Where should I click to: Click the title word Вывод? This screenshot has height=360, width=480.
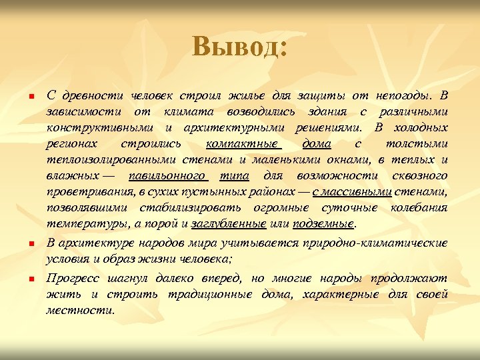pyautogui.click(x=239, y=47)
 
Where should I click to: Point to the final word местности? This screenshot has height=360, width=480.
pyautogui.click(x=80, y=310)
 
